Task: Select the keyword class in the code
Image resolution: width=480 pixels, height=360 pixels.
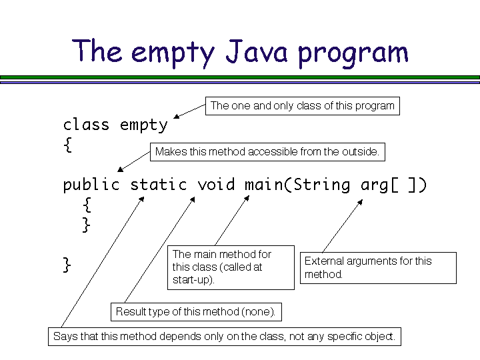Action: pos(86,125)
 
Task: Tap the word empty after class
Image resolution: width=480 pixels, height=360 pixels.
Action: pos(144,125)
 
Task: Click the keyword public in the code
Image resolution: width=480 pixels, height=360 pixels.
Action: pos(91,185)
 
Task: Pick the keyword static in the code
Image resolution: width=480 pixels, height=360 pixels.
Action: pos(159,185)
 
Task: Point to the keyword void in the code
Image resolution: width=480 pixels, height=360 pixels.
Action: pos(216,185)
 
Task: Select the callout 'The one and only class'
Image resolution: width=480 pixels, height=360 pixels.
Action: pos(302,105)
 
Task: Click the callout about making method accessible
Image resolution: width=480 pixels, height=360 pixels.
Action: pos(267,151)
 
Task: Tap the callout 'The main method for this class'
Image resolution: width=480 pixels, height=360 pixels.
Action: pos(230,267)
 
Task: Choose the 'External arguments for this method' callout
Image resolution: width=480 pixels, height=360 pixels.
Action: pos(379,267)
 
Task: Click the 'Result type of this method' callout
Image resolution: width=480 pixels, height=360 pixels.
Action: pos(195,311)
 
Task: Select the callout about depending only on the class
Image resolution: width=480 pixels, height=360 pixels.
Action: pos(224,336)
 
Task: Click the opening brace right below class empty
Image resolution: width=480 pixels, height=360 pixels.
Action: pos(67,145)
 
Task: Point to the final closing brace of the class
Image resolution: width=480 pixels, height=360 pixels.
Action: pos(67,265)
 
